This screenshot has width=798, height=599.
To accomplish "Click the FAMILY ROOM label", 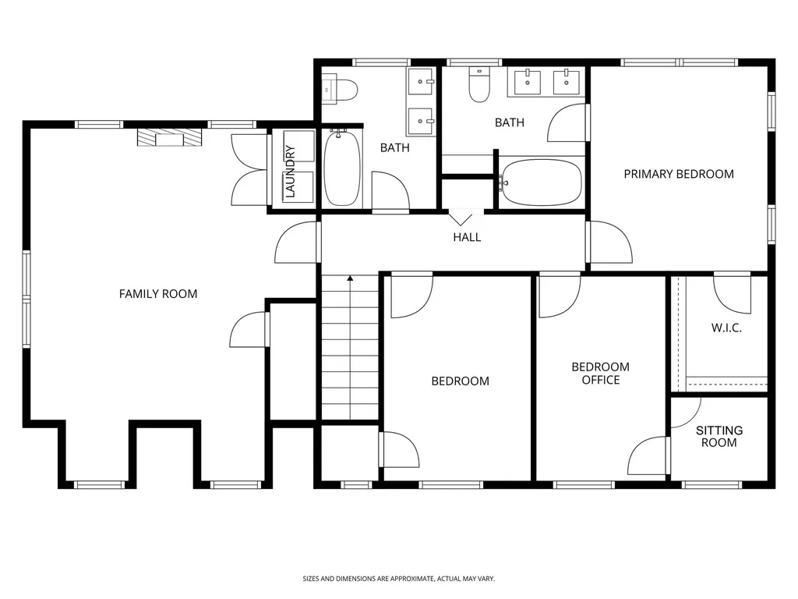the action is [157, 294].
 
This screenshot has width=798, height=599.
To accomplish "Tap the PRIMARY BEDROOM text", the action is [679, 174].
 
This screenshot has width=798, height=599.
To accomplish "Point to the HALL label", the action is [467, 237].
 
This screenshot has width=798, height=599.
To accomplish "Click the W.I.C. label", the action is [726, 328].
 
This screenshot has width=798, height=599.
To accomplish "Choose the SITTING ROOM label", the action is [719, 437].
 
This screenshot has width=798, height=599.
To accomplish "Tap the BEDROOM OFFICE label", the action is [601, 374].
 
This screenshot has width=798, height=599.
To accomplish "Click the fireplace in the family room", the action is [169, 137].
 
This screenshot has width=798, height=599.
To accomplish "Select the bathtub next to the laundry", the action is [343, 168].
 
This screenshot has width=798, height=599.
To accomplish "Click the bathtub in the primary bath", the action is [541, 183].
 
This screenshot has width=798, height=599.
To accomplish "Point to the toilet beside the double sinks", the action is [479, 85].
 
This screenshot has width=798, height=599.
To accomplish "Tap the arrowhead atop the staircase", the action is [350, 278].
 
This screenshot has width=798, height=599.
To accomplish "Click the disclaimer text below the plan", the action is [398, 579].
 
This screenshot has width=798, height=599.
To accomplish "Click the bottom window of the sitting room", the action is [711, 485].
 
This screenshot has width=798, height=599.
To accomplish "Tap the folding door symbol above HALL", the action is [461, 220].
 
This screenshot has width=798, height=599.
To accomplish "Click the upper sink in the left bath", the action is [421, 81].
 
